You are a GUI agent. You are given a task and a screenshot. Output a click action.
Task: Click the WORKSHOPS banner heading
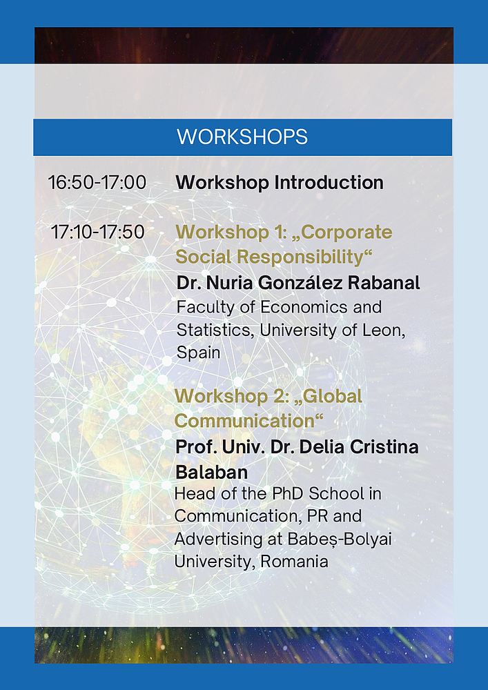pos(242,137)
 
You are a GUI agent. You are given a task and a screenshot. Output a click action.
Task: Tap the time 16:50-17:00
pos(97,183)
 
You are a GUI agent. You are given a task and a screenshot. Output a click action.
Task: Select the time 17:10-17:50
pos(98,233)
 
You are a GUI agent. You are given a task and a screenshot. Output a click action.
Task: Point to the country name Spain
pos(198,353)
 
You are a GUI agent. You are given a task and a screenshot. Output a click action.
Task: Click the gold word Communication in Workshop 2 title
pos(248,421)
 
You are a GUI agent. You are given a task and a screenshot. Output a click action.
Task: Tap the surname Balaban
pos(212,473)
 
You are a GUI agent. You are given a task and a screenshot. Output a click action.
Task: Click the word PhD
pos(287,494)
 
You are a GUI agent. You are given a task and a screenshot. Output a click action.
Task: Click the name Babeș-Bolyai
pos(339,540)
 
